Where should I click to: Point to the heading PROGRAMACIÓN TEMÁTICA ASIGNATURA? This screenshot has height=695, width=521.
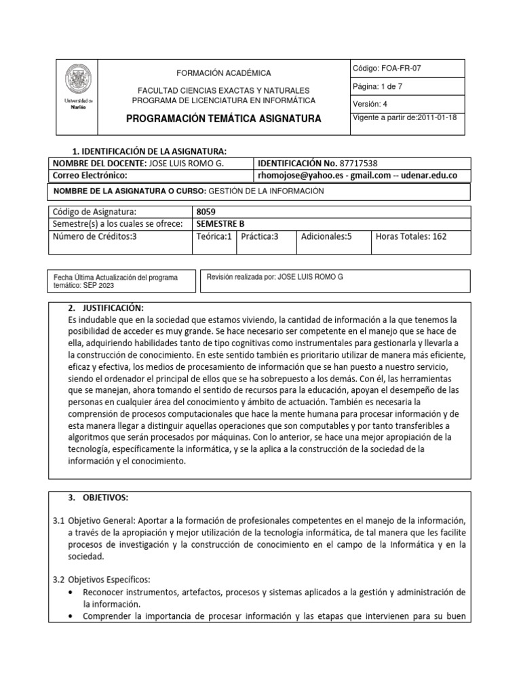point(223,119)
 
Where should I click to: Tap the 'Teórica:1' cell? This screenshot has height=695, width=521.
point(214,236)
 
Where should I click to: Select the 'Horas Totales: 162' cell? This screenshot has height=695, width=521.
point(411,236)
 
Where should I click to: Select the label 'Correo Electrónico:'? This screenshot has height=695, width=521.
point(90,175)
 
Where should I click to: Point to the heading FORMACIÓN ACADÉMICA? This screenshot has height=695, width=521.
point(223,73)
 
